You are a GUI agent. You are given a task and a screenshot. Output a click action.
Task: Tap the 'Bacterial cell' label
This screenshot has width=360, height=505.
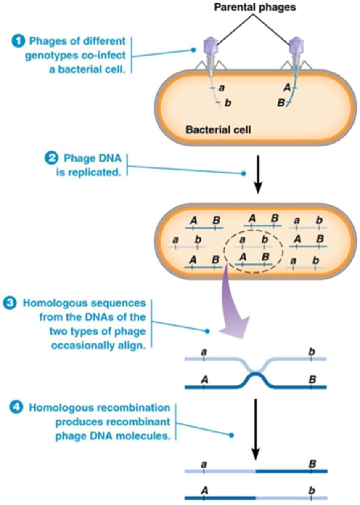218,130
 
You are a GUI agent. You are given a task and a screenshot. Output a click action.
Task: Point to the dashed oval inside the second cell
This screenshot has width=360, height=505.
253,251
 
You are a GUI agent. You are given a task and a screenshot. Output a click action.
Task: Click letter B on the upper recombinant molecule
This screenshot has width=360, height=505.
312,463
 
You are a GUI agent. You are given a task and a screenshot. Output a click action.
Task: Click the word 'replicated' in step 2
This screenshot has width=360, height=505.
91,173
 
